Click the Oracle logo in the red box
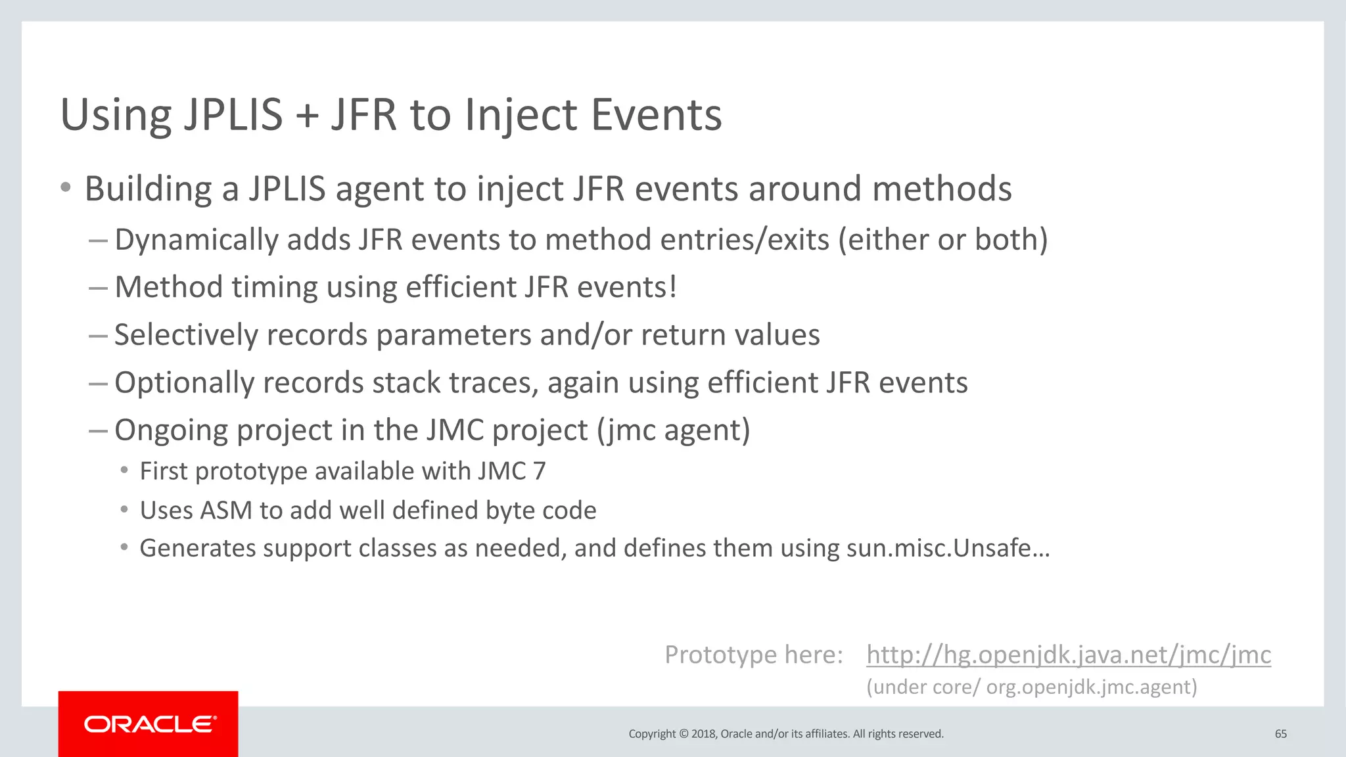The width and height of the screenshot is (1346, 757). pyautogui.click(x=150, y=724)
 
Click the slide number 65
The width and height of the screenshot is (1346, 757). pyautogui.click(x=1280, y=734)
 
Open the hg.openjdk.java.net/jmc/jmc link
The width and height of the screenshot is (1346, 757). pyautogui.click(x=1068, y=654)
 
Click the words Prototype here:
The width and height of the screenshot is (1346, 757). pyautogui.click(x=753, y=654)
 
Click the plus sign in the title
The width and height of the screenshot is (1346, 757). pyautogui.click(x=306, y=116)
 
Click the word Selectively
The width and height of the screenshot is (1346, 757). pyautogui.click(x=186, y=335)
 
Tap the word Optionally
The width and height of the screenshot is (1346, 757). pyautogui.click(x=184, y=383)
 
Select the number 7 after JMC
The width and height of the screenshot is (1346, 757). pyautogui.click(x=539, y=471)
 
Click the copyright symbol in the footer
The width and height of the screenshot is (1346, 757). pyautogui.click(x=683, y=734)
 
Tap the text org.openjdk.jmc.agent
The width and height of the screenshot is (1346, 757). pyautogui.click(x=1091, y=687)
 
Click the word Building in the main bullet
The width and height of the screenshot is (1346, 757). pyautogui.click(x=148, y=189)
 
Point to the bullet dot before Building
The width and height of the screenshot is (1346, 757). pyautogui.click(x=65, y=189)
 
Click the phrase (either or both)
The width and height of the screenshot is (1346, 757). pyautogui.click(x=942, y=240)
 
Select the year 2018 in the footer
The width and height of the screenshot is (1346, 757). pyautogui.click(x=703, y=734)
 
